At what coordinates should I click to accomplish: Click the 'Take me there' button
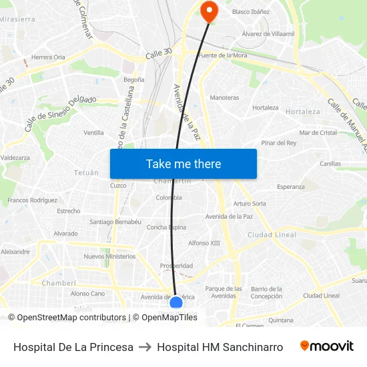pyautogui.click(x=183, y=163)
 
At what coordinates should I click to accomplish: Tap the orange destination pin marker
pyautogui.click(x=209, y=10)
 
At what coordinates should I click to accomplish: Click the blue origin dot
pyautogui.click(x=176, y=303)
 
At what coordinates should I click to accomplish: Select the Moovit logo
pyautogui.click(x=326, y=346)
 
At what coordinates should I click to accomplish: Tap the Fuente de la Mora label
pyautogui.click(x=223, y=55)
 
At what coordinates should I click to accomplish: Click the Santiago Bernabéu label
pyautogui.click(x=115, y=222)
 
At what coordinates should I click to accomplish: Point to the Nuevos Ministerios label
pyautogui.click(x=109, y=256)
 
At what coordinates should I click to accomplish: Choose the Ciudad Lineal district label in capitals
pyautogui.click(x=272, y=235)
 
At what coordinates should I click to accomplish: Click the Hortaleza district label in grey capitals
pyautogui.click(x=302, y=111)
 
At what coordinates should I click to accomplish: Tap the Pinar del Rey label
pyautogui.click(x=279, y=143)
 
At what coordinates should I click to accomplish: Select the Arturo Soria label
pyautogui.click(x=250, y=204)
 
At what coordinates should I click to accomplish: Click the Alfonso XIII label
pyautogui.click(x=204, y=243)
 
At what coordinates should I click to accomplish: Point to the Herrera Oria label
pyautogui.click(x=48, y=57)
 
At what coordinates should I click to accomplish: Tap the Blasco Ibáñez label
pyautogui.click(x=251, y=12)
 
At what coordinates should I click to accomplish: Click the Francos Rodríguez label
pyautogui.click(x=32, y=200)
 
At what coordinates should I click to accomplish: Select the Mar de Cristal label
pyautogui.click(x=318, y=133)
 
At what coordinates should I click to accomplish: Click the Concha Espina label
pyautogui.click(x=166, y=227)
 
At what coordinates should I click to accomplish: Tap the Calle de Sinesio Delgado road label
pyautogui.click(x=60, y=113)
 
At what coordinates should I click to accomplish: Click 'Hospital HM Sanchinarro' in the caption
pyautogui.click(x=220, y=347)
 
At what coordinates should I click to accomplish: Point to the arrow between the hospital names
pyautogui.click(x=145, y=347)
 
